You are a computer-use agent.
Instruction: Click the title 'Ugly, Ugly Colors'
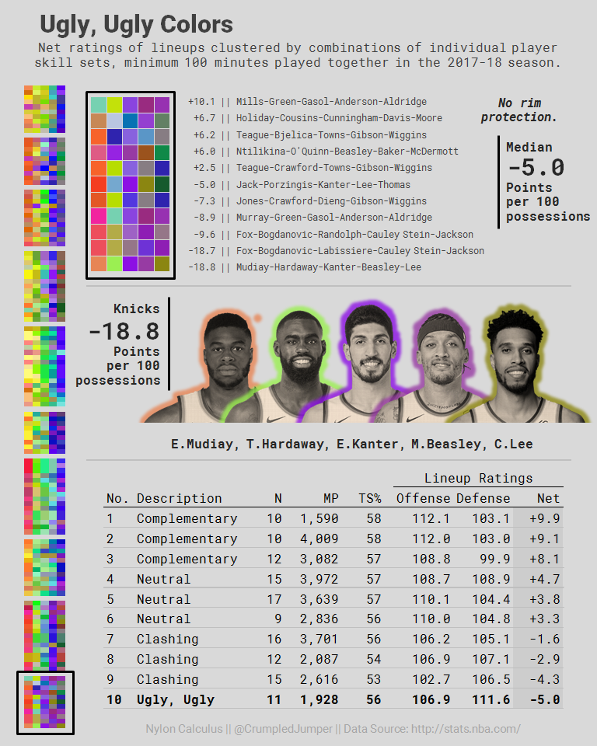[x=136, y=25]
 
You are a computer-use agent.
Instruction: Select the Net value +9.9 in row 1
[x=545, y=518]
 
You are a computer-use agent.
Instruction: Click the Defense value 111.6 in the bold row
[x=491, y=699]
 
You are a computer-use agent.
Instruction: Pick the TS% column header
[x=370, y=498]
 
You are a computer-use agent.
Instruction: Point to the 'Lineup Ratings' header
[x=478, y=478]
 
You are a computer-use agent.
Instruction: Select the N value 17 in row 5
[x=274, y=599]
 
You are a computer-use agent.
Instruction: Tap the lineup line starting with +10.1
[x=307, y=102]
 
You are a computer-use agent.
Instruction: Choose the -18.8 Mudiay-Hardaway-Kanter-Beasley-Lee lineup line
[x=304, y=267]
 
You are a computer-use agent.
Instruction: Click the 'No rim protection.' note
[x=518, y=110]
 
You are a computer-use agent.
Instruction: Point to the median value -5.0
[x=536, y=167]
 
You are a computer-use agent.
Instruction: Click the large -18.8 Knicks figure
[x=124, y=331]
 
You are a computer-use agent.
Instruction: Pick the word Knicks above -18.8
[x=136, y=309]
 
